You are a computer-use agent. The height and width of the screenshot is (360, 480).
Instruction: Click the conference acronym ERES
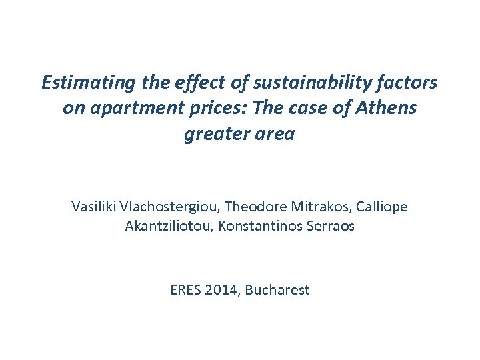[186, 290]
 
